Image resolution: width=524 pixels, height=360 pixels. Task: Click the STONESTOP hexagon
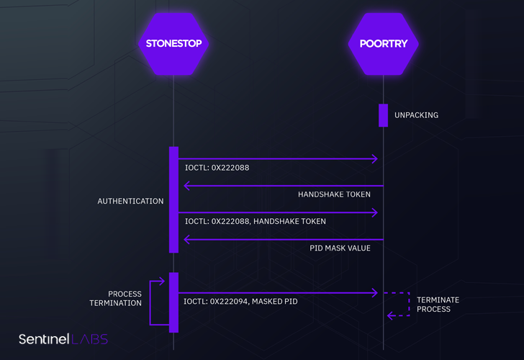tap(173, 43)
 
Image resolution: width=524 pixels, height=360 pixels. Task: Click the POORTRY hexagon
tap(383, 43)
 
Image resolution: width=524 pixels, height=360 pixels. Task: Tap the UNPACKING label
tap(416, 115)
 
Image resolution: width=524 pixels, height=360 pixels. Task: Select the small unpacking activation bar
tap(383, 115)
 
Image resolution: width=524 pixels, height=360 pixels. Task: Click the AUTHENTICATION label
tap(130, 202)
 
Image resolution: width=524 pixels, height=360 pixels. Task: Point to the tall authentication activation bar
tap(173, 199)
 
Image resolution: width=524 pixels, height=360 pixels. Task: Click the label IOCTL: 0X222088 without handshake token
tap(217, 168)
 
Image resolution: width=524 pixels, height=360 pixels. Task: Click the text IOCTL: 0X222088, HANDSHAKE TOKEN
tap(255, 221)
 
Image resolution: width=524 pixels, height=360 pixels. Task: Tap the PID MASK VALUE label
tap(340, 248)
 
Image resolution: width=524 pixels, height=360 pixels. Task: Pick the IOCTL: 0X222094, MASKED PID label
tap(240, 302)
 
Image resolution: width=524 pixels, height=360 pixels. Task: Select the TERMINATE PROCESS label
tap(438, 305)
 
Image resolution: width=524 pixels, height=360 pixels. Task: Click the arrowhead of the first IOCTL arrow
tap(374, 159)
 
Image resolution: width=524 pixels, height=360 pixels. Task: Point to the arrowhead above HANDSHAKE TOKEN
tap(188, 186)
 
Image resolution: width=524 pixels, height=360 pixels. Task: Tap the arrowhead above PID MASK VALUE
tap(188, 239)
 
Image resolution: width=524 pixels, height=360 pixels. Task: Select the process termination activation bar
tap(173, 302)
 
